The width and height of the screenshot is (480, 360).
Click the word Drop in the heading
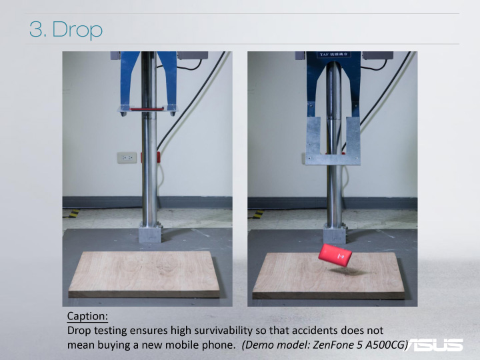click(x=77, y=30)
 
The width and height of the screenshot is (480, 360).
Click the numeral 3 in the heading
click(x=36, y=29)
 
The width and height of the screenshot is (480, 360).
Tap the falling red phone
click(x=335, y=256)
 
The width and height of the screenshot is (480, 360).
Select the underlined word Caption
click(x=87, y=316)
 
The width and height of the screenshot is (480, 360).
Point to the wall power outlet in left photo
click(x=127, y=157)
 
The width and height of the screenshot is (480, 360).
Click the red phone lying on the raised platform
click(x=147, y=109)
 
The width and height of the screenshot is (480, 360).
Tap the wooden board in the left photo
click(x=144, y=274)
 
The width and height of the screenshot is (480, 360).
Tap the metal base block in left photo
click(x=150, y=233)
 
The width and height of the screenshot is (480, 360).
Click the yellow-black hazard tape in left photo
click(x=73, y=213)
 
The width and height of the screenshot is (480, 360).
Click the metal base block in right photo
click(x=335, y=233)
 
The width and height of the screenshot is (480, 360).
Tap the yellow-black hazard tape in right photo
click(x=259, y=214)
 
